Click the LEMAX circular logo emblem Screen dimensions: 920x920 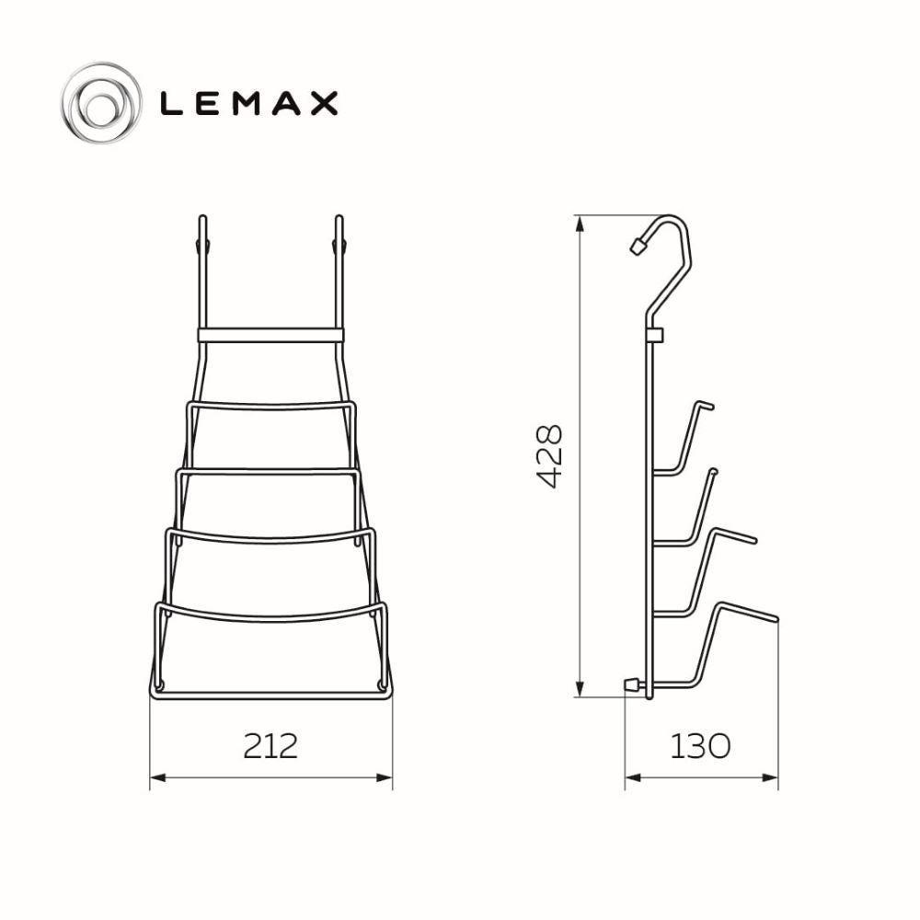tap(101, 103)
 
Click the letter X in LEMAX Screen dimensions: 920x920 tap(324, 103)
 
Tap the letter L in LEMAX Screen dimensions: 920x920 tap(171, 103)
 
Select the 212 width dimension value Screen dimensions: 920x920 tap(270, 746)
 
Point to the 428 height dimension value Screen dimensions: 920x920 tap(550, 456)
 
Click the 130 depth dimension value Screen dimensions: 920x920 tap(700, 746)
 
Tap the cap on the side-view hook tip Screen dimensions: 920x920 tap(638, 246)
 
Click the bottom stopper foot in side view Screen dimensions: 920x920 tap(633, 684)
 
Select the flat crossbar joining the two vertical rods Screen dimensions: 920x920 tap(270, 335)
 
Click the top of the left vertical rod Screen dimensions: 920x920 tap(202, 217)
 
